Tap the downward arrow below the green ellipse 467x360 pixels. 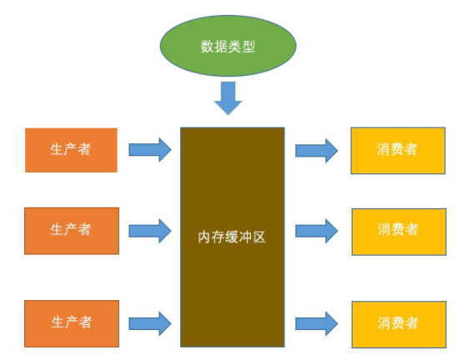228,97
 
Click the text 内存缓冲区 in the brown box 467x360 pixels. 233,236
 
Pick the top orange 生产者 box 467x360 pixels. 71,150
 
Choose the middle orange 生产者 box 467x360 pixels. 71,229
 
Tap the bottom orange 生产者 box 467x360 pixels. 71,322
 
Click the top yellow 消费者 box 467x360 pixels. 397,150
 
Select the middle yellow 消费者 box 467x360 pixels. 397,229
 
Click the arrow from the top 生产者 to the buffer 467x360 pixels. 150,150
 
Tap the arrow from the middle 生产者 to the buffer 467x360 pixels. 150,229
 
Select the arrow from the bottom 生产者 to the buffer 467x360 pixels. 150,322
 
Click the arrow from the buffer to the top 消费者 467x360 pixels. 316,150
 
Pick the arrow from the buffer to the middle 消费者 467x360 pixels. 316,229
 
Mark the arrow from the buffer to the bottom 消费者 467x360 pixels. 316,322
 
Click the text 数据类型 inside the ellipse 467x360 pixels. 228,47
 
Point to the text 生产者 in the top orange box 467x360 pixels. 71,150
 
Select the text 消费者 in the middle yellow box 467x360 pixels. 397,229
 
